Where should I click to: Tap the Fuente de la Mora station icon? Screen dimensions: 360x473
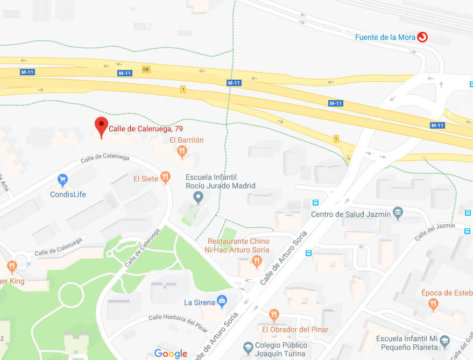(422, 37)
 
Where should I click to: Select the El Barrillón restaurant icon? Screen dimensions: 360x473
(182, 152)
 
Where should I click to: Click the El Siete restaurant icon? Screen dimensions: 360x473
(166, 177)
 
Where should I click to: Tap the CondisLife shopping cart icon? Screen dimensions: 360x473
(63, 179)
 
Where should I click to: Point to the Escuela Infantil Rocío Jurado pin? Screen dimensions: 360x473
(198, 197)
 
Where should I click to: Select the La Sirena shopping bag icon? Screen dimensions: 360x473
(221, 301)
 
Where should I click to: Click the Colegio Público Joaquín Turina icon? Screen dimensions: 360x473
(248, 347)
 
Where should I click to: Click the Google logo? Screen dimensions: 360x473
(171, 354)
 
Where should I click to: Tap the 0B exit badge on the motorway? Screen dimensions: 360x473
(146, 69)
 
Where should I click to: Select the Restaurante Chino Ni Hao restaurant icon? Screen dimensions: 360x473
(257, 262)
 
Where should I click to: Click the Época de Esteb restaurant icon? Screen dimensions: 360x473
(433, 305)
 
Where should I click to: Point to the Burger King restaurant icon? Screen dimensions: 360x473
(12, 266)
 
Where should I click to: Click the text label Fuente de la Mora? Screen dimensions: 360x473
(385, 37)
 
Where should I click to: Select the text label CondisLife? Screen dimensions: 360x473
(68, 194)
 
